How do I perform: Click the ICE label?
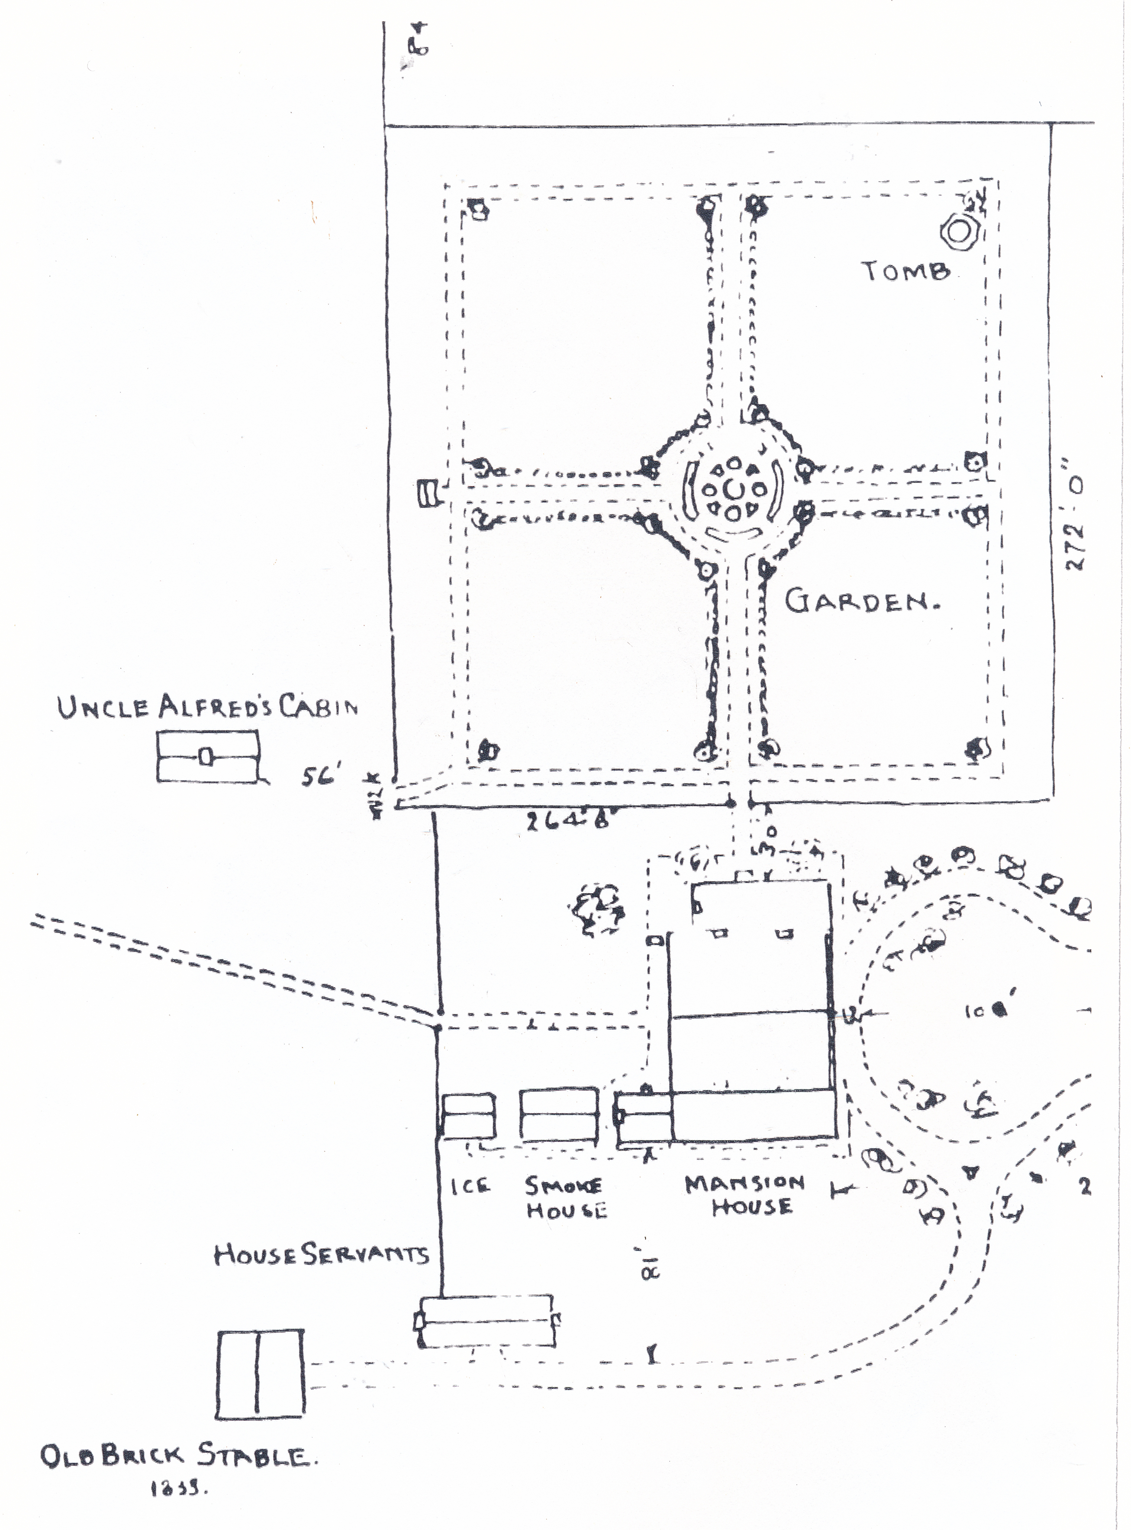(x=470, y=1186)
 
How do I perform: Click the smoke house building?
(x=559, y=1114)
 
